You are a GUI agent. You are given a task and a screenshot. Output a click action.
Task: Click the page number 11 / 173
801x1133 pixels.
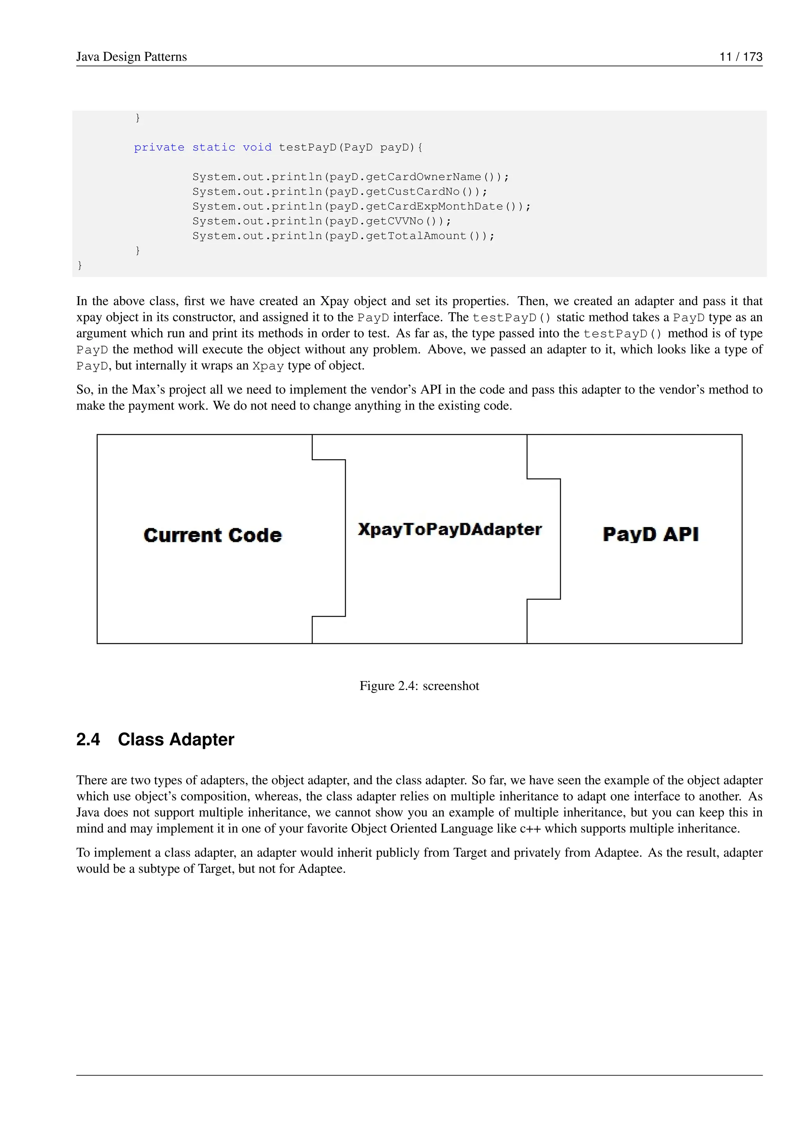740,57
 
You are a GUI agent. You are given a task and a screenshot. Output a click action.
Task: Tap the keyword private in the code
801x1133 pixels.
159,147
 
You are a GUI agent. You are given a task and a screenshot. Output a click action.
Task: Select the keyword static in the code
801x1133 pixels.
214,147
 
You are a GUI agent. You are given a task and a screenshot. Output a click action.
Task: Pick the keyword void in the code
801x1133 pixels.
257,147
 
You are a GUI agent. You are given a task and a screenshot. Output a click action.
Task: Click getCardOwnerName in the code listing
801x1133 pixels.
423,177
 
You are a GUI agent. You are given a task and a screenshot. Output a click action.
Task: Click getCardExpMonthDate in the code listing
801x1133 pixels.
434,207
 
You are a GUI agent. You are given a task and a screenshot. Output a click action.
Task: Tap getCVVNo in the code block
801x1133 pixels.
395,221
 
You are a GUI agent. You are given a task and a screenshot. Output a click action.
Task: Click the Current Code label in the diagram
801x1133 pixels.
213,536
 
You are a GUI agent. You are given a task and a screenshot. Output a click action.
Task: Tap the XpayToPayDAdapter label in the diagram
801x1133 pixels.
449,529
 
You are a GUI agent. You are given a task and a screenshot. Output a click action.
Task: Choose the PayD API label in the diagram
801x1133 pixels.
650,534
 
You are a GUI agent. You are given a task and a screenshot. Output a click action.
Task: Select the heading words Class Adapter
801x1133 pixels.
176,740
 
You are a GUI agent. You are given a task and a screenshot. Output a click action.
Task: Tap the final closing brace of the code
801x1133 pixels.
80,266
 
